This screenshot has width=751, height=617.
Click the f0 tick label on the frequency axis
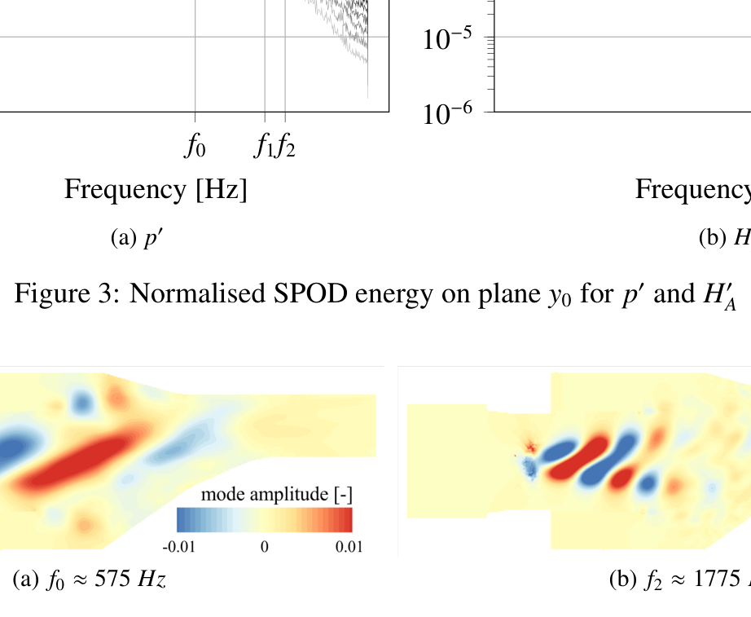[195, 147]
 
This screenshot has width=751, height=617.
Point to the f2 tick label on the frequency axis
[286, 147]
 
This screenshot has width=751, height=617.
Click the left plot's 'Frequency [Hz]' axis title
[156, 190]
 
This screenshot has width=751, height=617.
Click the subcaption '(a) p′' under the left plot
[138, 237]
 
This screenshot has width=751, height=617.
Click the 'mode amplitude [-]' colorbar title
[276, 494]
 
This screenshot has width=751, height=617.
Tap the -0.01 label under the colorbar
[179, 546]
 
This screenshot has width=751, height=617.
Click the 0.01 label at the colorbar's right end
[349, 546]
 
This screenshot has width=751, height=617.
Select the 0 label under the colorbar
[264, 546]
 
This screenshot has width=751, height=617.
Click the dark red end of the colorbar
[346, 519]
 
